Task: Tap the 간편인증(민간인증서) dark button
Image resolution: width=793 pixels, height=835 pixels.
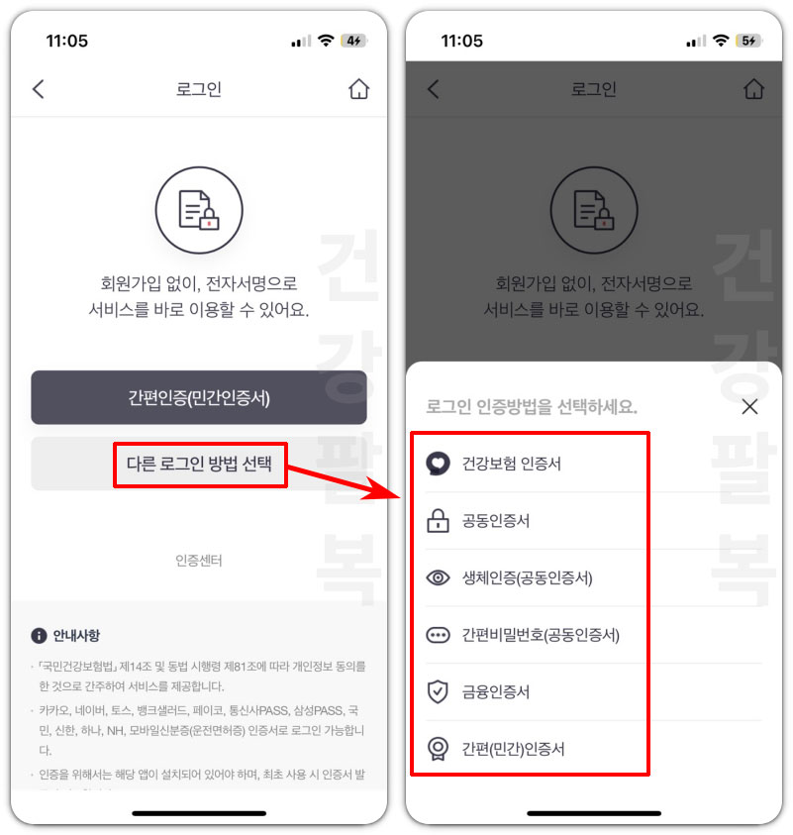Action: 198,398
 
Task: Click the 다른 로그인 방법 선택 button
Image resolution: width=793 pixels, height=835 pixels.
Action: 199,464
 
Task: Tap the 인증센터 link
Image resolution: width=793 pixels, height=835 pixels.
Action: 199,561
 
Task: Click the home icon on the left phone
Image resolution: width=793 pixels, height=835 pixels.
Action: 358,89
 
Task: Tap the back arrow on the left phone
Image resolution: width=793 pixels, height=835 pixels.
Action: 39,89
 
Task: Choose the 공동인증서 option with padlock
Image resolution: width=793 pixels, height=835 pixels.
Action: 495,520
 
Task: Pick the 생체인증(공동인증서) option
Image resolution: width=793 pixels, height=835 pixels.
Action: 527,577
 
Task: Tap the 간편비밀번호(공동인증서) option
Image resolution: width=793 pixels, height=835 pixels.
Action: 540,635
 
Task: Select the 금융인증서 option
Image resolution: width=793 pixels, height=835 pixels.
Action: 495,691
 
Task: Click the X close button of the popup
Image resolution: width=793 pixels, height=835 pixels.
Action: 749,406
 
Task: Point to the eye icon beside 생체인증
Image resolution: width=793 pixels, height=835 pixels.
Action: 438,577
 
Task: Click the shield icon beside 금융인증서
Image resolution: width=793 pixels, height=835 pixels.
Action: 438,691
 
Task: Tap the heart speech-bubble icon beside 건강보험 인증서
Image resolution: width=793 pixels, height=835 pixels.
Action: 438,463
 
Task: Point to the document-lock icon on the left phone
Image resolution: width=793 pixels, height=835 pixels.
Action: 198,210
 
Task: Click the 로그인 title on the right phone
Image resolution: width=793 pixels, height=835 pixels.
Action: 594,89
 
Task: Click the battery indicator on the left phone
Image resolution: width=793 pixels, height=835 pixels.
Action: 353,41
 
